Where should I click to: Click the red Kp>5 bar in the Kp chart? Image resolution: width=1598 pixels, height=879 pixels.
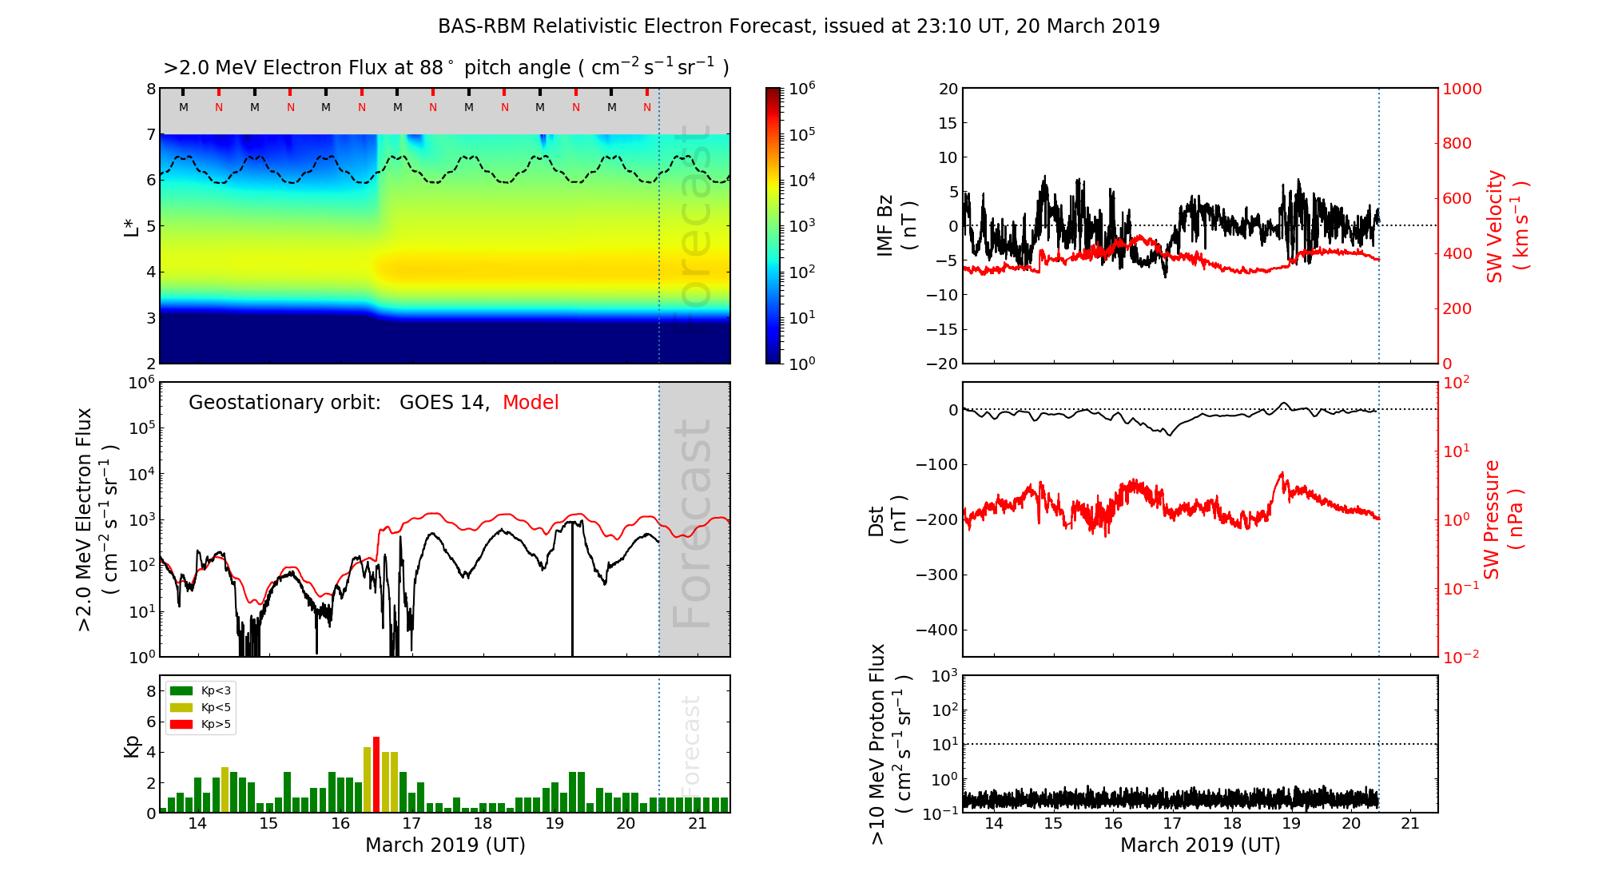point(376,774)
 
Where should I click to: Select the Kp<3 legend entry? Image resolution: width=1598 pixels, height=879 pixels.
point(201,690)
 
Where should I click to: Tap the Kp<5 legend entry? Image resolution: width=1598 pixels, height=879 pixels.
point(201,707)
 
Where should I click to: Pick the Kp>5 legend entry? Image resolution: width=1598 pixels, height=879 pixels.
point(201,725)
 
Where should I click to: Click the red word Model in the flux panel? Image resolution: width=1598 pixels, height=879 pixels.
point(531,403)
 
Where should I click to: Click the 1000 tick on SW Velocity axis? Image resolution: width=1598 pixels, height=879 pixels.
point(1461,89)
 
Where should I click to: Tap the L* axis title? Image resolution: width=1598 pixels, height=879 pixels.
point(132,226)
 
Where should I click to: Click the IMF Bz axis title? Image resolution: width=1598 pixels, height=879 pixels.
point(895,225)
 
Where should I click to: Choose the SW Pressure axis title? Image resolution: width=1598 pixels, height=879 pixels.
point(1502,519)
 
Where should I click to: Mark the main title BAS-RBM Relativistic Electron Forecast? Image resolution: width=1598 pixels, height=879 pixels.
point(798,26)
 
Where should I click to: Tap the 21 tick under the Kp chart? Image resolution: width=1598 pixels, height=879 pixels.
point(698,824)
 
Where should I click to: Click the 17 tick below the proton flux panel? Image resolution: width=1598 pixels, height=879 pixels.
point(1172,824)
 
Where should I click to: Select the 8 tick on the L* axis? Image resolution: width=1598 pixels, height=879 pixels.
point(151,89)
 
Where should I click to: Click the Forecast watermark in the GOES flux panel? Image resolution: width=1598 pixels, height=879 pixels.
point(693,523)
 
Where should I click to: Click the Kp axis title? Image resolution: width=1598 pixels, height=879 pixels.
point(132,746)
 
